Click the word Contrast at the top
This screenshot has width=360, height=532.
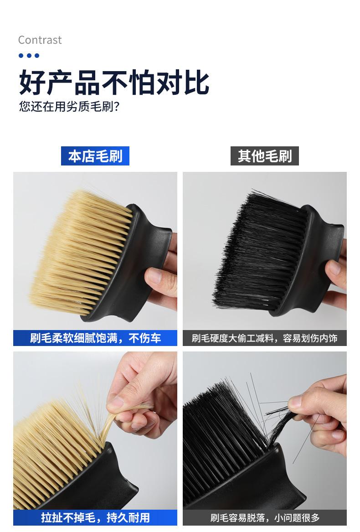40,40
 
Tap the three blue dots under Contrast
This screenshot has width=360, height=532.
29,56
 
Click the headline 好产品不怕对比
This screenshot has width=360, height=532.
114,83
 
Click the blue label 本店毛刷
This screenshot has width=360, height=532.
95,156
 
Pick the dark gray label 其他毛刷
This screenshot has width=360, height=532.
265,156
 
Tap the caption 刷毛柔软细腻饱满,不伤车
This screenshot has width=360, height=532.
95,338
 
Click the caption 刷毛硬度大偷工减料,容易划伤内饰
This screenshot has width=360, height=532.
265,338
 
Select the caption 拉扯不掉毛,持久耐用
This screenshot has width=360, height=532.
95,517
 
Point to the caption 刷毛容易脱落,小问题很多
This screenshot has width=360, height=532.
265,517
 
